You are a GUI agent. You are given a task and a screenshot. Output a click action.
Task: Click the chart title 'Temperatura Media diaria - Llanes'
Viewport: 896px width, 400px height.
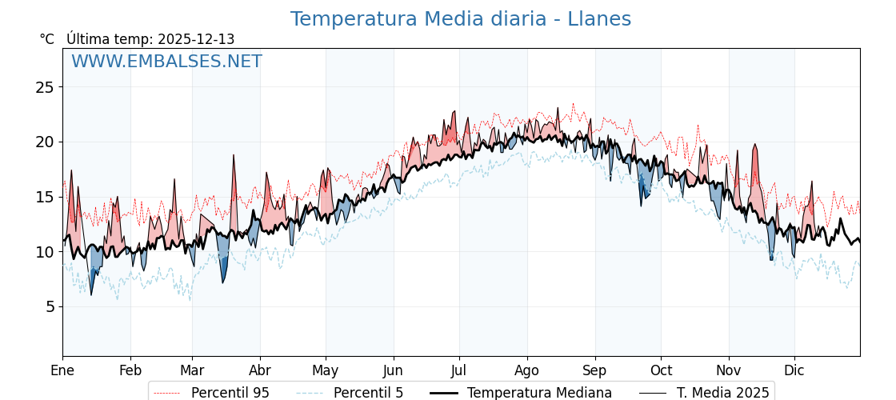click(460, 19)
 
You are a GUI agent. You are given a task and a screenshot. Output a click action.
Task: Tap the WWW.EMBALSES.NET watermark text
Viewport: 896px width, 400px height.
click(166, 62)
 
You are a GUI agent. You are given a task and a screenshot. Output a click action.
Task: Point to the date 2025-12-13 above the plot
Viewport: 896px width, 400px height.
click(196, 39)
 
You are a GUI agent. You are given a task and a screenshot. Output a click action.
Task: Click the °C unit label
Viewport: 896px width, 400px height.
click(46, 39)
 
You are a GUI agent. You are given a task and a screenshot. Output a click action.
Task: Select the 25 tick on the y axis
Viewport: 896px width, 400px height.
click(44, 87)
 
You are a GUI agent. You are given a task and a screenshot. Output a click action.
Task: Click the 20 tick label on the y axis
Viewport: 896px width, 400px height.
click(44, 142)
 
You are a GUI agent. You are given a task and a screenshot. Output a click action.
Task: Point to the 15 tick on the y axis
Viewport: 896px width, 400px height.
click(44, 197)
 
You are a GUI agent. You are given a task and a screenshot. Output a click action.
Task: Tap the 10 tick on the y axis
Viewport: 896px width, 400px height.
click(44, 252)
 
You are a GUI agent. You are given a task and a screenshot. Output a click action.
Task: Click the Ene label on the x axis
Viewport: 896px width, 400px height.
click(62, 370)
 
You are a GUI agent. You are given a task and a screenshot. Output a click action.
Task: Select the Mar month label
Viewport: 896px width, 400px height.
click(192, 370)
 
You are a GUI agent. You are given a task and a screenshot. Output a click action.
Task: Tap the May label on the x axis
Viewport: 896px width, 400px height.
click(326, 370)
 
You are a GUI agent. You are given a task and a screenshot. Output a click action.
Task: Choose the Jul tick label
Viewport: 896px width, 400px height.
click(459, 370)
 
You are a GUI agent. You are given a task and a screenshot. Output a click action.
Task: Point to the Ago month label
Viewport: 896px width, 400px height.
click(527, 370)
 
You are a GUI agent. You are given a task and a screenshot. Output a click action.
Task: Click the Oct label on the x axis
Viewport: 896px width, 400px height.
click(661, 370)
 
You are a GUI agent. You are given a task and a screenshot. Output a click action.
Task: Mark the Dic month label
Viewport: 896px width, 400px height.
click(794, 370)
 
